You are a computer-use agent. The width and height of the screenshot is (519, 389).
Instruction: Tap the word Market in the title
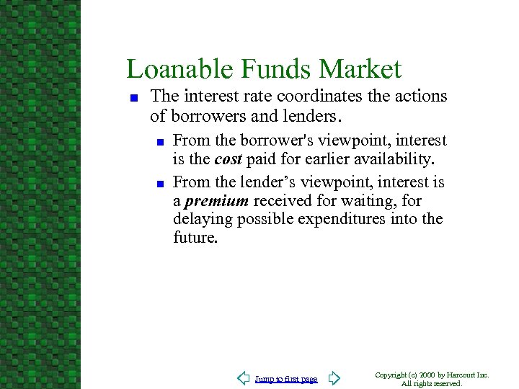click(x=360, y=69)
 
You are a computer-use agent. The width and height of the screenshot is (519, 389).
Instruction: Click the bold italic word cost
click(x=228, y=158)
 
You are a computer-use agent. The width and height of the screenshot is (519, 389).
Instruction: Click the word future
click(x=195, y=237)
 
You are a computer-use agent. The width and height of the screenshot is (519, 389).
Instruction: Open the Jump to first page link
click(x=286, y=379)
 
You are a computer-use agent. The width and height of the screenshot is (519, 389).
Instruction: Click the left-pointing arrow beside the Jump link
click(x=244, y=378)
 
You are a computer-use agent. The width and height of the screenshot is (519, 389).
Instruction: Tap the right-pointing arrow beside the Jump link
click(x=333, y=378)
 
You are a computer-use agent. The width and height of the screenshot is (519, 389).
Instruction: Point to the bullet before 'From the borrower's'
click(x=159, y=142)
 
